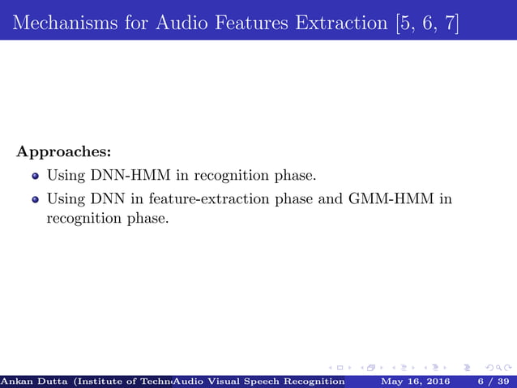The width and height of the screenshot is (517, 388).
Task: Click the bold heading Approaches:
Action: (63, 151)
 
